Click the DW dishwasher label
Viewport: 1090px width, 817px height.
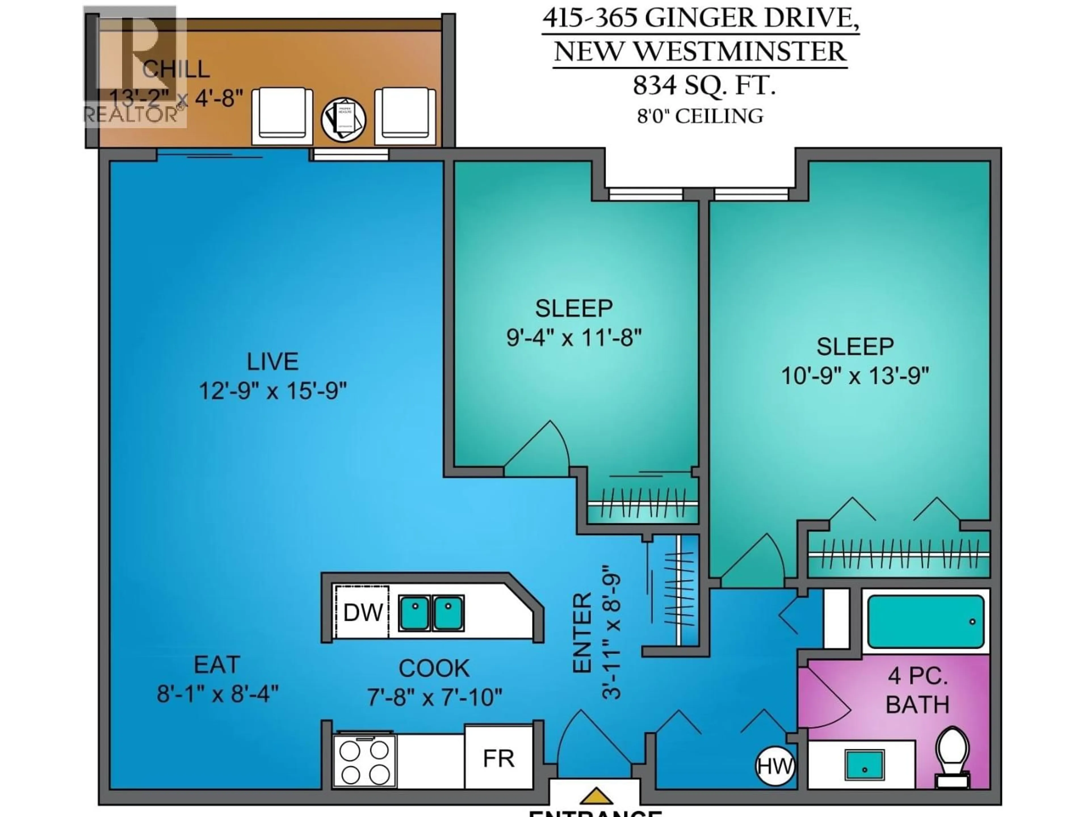[x=363, y=613]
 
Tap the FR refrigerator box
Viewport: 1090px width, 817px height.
[x=498, y=758]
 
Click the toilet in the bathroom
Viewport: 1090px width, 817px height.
[x=953, y=758]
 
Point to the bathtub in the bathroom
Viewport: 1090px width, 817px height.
[x=925, y=622]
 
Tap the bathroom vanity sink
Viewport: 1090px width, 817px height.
[x=864, y=766]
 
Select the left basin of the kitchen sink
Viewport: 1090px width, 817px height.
[x=414, y=613]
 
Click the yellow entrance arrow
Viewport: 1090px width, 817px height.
[x=596, y=796]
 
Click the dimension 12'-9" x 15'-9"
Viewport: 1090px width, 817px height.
[x=272, y=391]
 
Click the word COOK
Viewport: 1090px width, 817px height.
[x=434, y=668]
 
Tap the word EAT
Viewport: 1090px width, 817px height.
[x=217, y=665]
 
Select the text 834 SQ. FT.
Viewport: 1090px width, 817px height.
[x=704, y=86]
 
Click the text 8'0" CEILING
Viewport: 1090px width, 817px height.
[x=700, y=116]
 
